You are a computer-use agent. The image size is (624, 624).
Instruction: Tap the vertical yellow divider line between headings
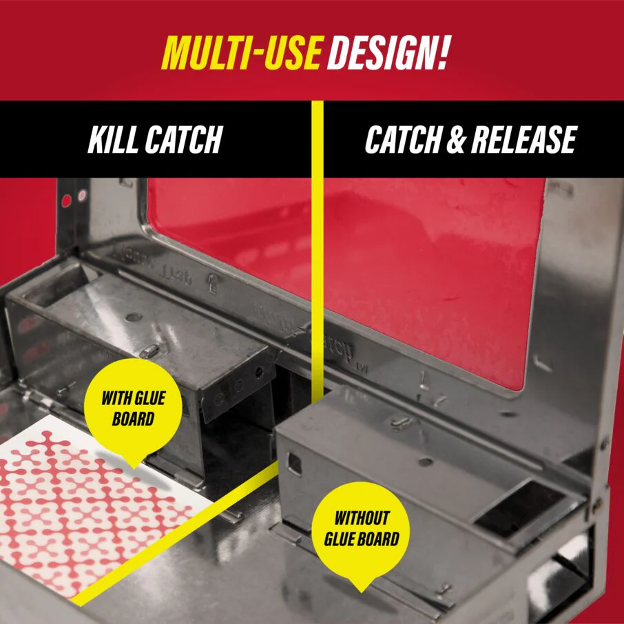318,207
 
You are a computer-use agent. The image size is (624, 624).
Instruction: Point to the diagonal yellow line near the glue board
172,537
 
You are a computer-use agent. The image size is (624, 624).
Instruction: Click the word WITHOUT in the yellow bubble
362,518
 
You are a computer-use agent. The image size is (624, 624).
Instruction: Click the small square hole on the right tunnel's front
294,464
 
